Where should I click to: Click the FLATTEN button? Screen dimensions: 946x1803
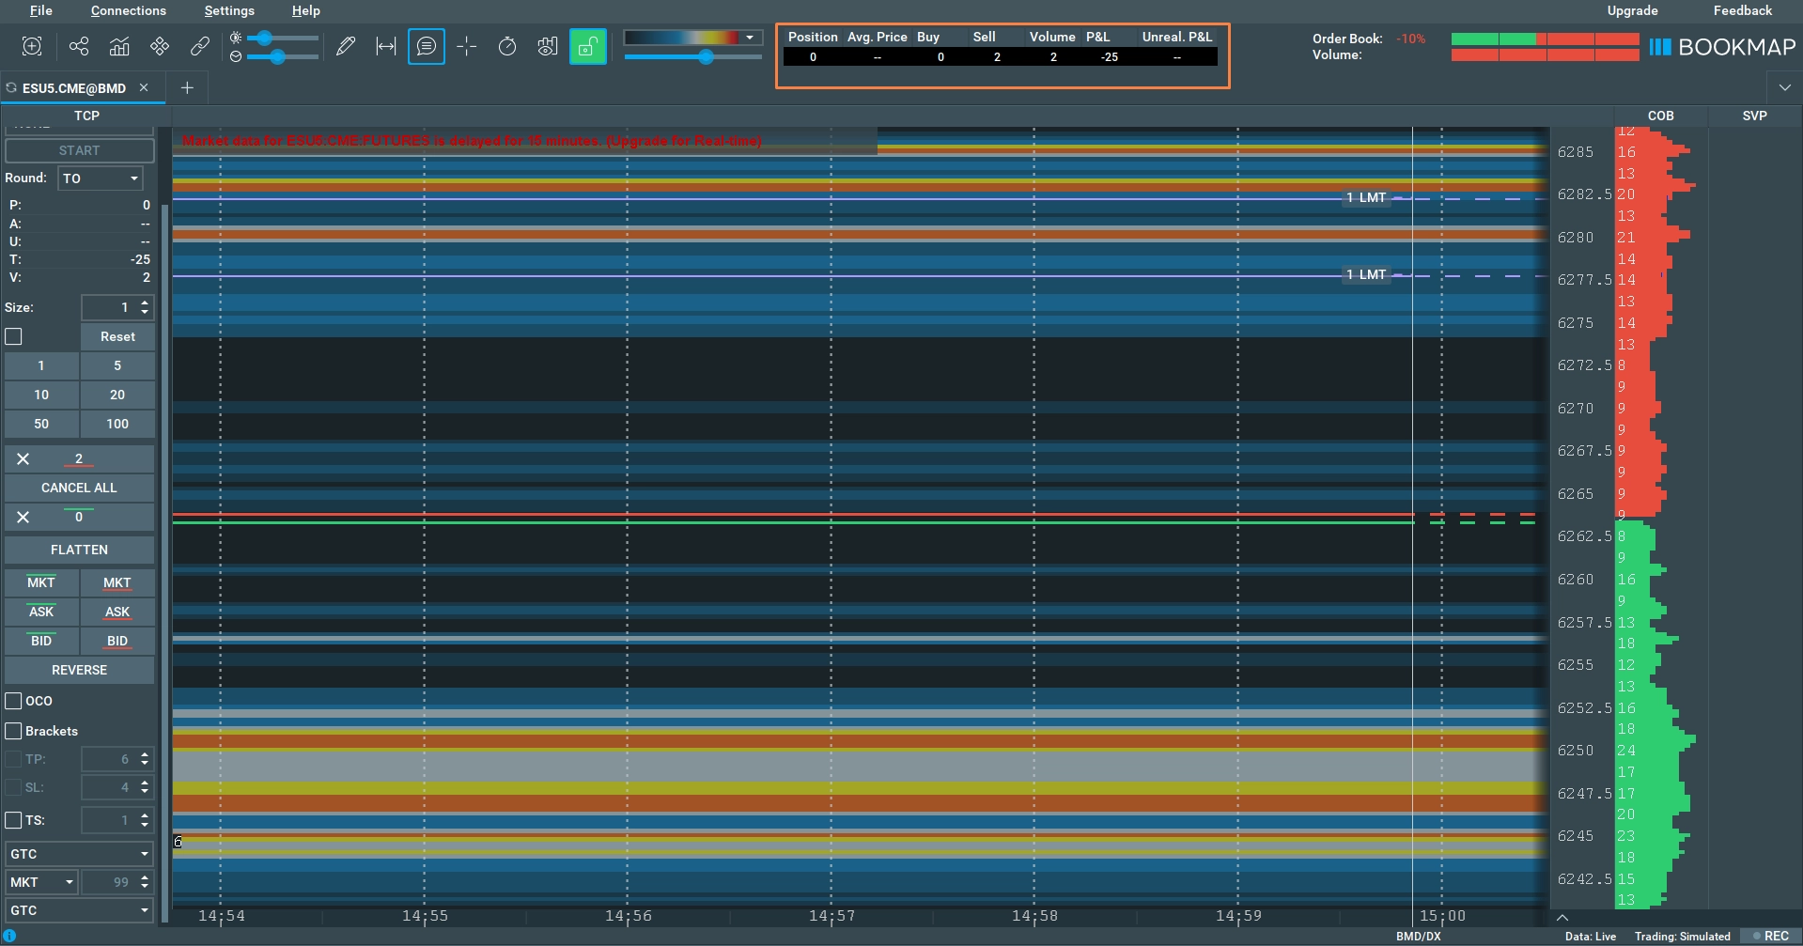[x=79, y=550]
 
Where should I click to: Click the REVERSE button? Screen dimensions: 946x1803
[x=79, y=670]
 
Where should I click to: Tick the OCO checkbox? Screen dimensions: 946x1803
[x=14, y=701]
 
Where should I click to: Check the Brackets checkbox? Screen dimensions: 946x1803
[x=14, y=731]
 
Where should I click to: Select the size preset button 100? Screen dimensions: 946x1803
[x=117, y=424]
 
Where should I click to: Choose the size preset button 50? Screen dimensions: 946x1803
[x=41, y=424]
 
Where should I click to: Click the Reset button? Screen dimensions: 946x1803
[x=117, y=336]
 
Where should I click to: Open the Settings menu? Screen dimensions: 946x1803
[x=229, y=11]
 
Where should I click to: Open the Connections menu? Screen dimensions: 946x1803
[x=129, y=11]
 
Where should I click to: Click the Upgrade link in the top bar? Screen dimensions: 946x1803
[x=1632, y=11]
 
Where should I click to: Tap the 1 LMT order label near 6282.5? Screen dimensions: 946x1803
[x=1366, y=198]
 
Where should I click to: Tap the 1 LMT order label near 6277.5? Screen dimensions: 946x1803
[x=1366, y=275]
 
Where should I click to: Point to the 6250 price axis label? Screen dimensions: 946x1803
[x=1576, y=751]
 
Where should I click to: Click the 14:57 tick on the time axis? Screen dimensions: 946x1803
[x=832, y=916]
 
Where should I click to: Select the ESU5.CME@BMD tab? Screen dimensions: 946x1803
[x=74, y=88]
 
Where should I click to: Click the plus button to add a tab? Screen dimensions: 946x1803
[x=187, y=88]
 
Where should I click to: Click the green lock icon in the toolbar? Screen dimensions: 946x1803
[x=587, y=46]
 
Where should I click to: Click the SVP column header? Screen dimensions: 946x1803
[x=1754, y=116]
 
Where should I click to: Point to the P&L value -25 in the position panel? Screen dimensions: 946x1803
[x=1110, y=57]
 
